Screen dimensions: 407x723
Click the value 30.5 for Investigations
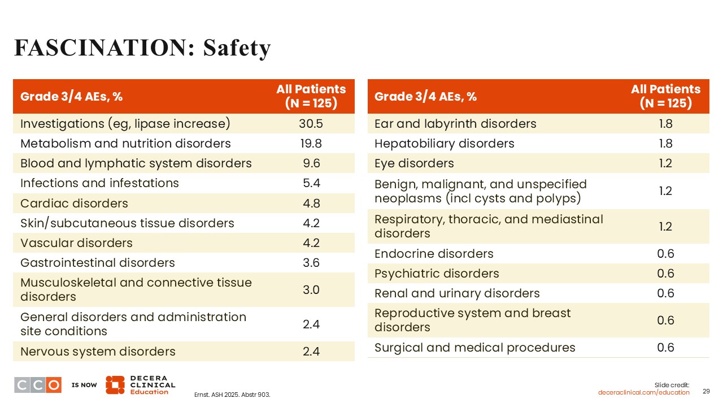311,124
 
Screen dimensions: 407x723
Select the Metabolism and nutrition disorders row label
125,144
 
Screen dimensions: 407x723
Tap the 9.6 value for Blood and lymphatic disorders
311,163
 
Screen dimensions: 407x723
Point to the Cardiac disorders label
74,203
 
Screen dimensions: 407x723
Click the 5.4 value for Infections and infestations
311,183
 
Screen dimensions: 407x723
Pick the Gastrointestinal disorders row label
98,263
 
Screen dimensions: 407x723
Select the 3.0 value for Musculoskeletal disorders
311,290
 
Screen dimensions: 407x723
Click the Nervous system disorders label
98,352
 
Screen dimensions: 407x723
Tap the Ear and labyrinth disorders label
455,124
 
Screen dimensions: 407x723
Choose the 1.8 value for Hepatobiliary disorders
665,144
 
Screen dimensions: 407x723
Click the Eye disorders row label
414,163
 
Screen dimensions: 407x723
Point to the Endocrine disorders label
434,254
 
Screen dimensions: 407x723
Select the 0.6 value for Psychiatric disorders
665,274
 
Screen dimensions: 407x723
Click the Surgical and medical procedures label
474,348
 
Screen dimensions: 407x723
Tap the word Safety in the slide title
237,49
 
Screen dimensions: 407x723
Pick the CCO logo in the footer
38,385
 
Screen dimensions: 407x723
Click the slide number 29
705,392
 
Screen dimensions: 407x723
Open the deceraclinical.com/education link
644,392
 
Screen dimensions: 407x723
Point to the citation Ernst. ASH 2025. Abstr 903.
232,395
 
